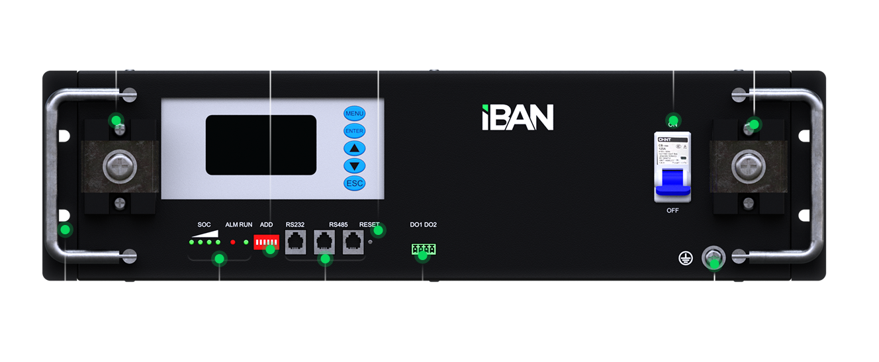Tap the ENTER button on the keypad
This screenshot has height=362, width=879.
354,131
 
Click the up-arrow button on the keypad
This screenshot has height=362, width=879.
354,148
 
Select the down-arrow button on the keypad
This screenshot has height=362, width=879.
354,166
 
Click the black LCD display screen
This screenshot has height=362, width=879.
261,145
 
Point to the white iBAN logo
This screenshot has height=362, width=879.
517,117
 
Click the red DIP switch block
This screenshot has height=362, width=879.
266,245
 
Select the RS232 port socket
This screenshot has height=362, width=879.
295,243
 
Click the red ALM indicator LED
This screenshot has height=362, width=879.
232,243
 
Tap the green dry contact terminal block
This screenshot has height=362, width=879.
423,249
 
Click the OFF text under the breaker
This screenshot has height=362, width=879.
672,210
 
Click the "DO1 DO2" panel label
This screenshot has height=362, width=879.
423,225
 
